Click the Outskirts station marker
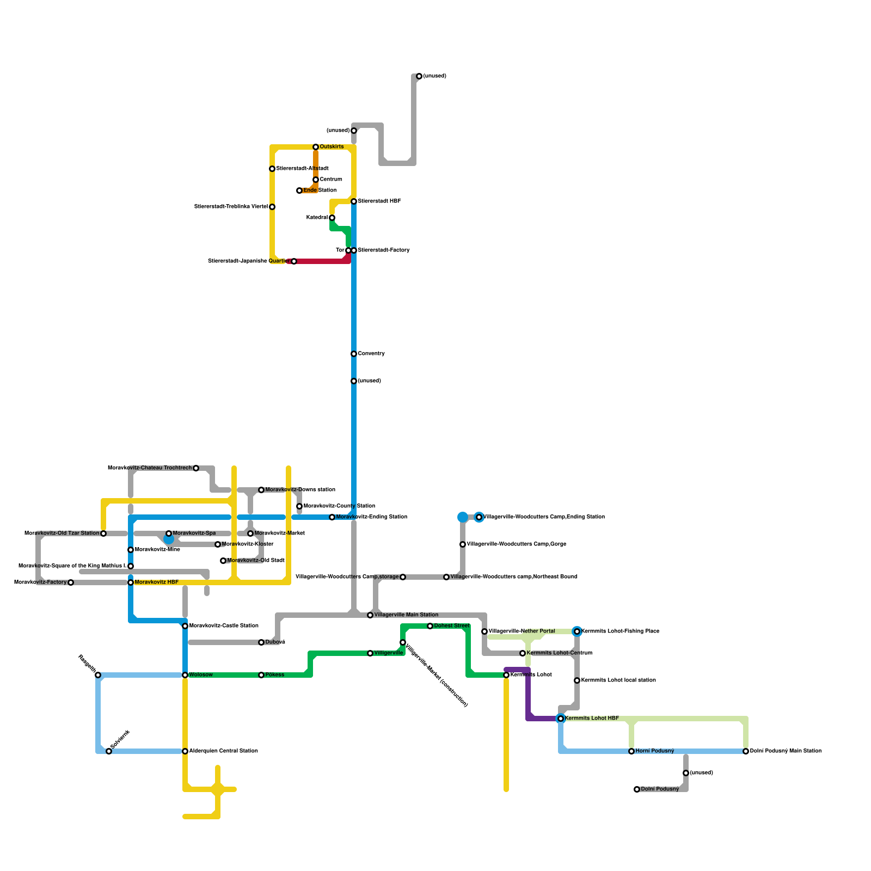click(x=316, y=147)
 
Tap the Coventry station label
click(x=371, y=354)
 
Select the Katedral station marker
click(x=332, y=218)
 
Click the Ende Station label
click(x=320, y=191)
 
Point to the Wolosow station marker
click(x=185, y=675)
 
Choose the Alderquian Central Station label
click(x=223, y=751)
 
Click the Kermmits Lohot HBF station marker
click(x=561, y=719)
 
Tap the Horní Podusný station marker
click(x=631, y=751)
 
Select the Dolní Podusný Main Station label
click(x=786, y=751)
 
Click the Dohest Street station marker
click(x=430, y=626)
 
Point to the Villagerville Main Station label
click(x=406, y=615)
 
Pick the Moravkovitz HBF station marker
click(x=131, y=582)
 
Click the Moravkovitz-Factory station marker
click(x=71, y=582)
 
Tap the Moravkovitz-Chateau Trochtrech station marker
click(x=196, y=468)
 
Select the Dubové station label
click(x=275, y=642)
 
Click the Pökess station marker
click(x=261, y=675)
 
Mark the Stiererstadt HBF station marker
click(x=354, y=201)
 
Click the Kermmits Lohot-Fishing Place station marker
click(x=577, y=631)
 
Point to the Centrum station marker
click(x=316, y=180)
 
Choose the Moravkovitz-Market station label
click(x=279, y=533)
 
